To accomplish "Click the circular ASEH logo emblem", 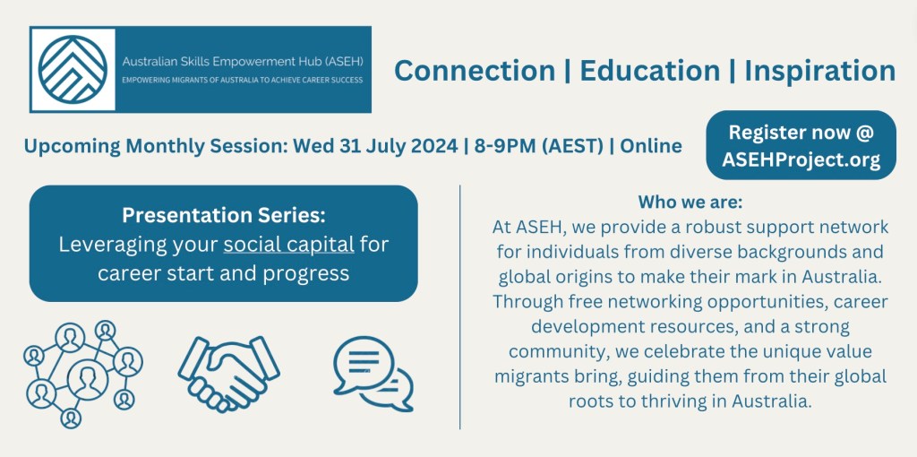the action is (73, 70).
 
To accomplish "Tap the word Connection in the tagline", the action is (475, 70).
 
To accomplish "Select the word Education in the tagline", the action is (650, 70).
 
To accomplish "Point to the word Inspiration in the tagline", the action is (820, 71).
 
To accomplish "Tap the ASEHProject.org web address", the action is (801, 160).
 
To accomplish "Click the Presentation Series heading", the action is (223, 215).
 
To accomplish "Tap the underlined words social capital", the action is (289, 245).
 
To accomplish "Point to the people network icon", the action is (83, 374).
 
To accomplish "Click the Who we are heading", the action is (690, 203).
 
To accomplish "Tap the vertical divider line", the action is (460, 307).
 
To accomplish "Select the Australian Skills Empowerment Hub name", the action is (243, 61).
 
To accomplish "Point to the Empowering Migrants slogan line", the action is (242, 80).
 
